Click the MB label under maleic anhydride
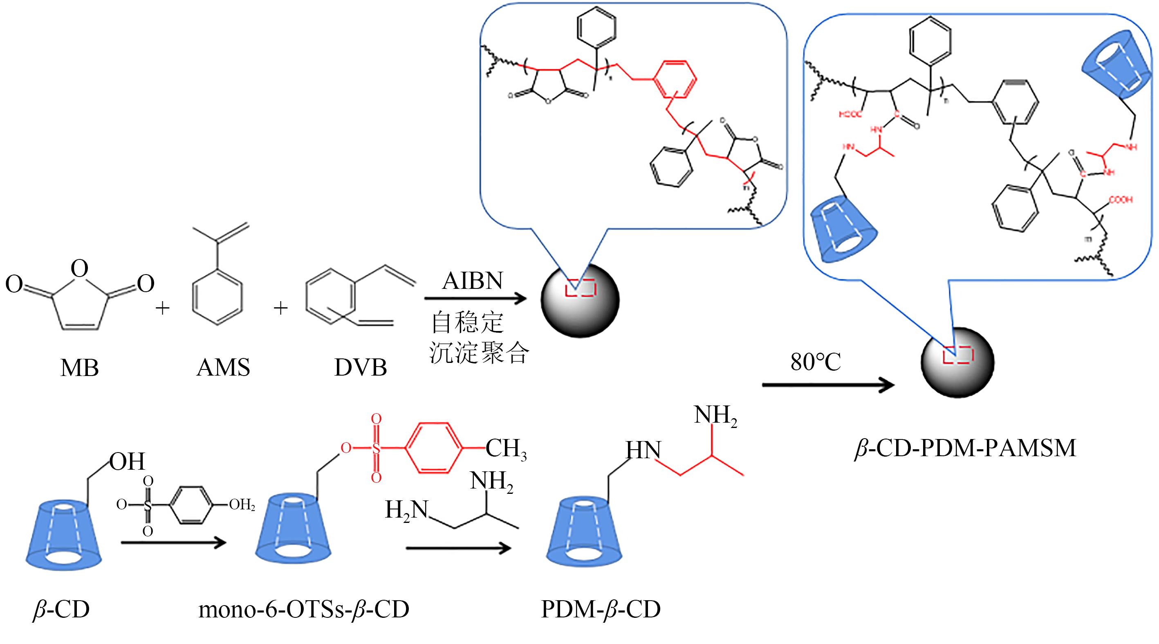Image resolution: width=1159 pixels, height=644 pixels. point(80,368)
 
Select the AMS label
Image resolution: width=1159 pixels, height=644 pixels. point(223,368)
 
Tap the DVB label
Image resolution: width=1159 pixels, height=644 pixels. point(361,368)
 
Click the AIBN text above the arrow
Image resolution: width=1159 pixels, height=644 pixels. point(473,281)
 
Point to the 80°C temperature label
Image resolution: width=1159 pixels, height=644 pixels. point(815,362)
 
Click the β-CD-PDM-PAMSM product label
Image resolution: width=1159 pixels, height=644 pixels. point(966,448)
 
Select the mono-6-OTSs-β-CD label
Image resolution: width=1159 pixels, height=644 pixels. point(304,610)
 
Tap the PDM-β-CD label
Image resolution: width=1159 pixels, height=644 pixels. point(601,610)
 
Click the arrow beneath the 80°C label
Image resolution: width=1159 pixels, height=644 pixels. point(828,385)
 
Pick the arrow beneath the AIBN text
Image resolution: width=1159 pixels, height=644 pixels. point(475,298)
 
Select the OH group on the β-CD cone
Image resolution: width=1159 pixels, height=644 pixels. point(127,462)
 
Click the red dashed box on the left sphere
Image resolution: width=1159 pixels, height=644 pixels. point(581,288)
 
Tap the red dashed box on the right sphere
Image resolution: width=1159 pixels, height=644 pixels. point(958,355)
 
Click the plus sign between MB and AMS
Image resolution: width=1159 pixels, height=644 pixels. point(162,308)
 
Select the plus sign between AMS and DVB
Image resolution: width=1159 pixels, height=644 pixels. point(280,308)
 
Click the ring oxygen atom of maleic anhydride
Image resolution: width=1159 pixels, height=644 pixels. point(80,269)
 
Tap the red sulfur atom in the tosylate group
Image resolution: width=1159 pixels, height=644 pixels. point(376,448)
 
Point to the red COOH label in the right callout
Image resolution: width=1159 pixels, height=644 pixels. point(1120,200)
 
